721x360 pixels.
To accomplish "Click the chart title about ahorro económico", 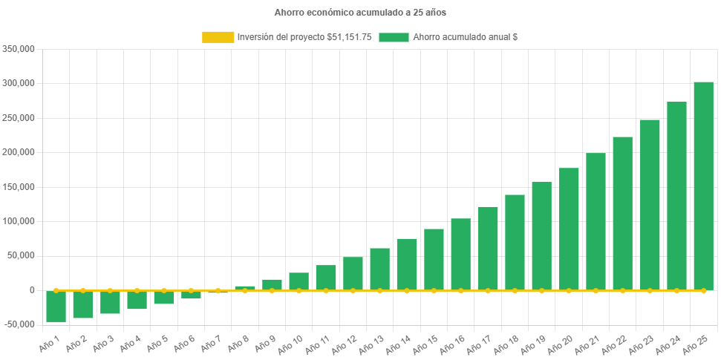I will click(360, 13).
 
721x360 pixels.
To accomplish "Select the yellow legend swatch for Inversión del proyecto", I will click(217, 37).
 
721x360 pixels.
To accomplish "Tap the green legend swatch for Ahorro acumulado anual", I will click(394, 37).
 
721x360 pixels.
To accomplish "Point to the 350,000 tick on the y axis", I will click(21, 49).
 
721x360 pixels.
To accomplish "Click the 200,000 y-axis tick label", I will click(21, 152).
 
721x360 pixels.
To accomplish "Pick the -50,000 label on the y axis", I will click(21, 324).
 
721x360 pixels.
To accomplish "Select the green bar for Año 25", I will click(703, 186).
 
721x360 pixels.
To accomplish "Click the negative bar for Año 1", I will click(56, 306).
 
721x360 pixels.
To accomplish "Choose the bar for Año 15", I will click(434, 259).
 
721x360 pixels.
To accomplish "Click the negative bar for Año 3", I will click(110, 302).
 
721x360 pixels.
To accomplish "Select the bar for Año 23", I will click(650, 204).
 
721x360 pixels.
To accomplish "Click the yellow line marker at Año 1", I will click(56, 290).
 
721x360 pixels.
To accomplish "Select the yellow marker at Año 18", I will click(515, 290).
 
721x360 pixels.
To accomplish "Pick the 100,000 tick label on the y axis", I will click(21, 221).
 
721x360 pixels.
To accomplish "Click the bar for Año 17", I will click(488, 248).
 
